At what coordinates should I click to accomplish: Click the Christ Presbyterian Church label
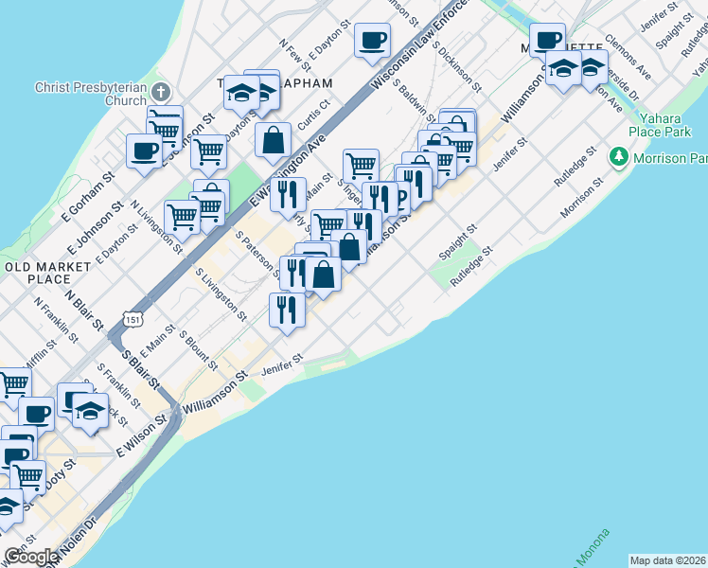click(91, 94)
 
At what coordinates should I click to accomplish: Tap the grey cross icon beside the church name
click(162, 93)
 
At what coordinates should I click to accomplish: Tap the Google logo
click(30, 557)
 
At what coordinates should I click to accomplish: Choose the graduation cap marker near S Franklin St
click(90, 413)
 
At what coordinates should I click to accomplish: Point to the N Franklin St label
click(54, 319)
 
